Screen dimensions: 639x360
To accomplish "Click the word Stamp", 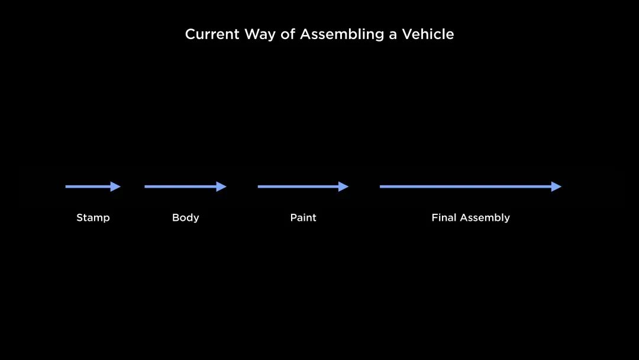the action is tap(93, 218).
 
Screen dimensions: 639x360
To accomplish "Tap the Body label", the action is tap(185, 218).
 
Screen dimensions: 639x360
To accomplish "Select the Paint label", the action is tap(303, 217).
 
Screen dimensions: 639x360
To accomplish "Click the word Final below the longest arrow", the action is tap(444, 217).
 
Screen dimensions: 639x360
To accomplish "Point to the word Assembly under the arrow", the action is tap(485, 218).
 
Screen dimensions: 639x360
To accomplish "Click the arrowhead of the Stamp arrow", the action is tap(116, 187).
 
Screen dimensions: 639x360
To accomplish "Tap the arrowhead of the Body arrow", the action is tap(221, 187).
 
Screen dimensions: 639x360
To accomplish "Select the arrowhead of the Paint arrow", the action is tap(344, 187).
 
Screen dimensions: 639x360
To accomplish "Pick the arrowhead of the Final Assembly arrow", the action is tap(556, 187).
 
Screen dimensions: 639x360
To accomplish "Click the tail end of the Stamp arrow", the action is tap(66, 187).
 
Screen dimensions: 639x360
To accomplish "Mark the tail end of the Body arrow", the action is tap(145, 187).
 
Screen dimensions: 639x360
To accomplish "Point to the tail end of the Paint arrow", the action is tap(258, 187).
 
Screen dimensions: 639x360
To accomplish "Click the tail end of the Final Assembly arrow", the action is tap(380, 187).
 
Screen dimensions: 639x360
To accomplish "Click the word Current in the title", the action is tap(212, 34).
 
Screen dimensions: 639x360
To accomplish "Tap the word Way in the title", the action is tap(260, 35).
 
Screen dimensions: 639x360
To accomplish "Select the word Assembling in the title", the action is tap(342, 35).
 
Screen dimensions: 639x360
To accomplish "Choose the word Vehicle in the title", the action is tap(428, 34).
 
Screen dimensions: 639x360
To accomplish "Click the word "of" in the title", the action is tap(288, 34).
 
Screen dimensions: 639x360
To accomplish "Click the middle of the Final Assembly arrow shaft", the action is tap(466, 187).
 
